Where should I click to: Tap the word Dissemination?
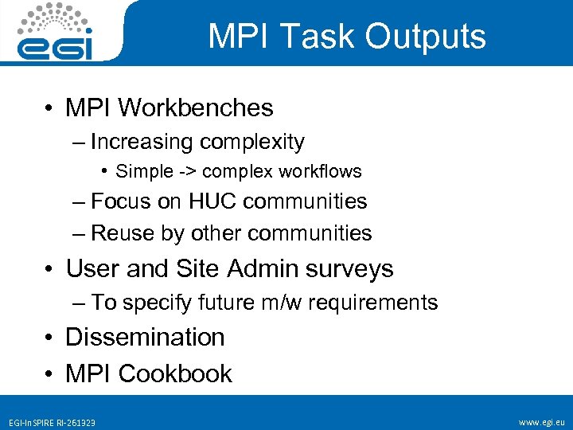click(145, 337)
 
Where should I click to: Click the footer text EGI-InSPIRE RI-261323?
click(52, 422)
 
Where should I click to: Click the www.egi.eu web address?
click(540, 421)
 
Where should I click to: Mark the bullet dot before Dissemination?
click(49, 338)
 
